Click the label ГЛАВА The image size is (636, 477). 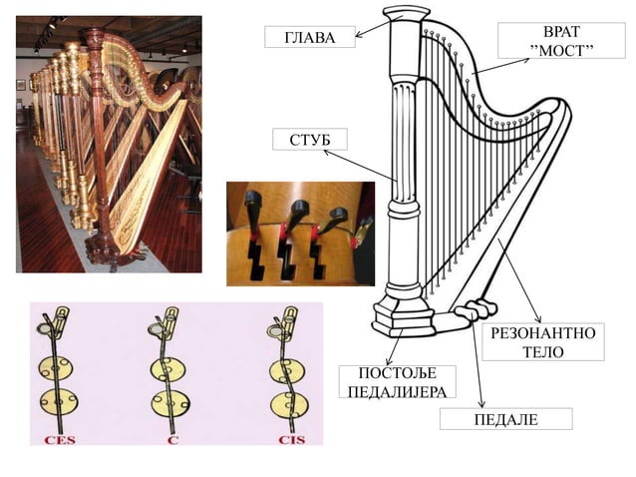310,37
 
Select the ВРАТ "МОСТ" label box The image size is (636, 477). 561,41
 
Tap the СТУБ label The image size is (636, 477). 310,140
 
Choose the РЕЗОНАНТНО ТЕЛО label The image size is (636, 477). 543,342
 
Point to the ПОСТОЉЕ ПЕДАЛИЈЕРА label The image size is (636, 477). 398,381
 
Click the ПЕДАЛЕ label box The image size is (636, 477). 506,419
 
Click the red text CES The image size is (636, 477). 60,440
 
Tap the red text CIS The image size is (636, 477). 292,440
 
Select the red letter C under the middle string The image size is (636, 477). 172,440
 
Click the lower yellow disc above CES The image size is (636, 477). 59,401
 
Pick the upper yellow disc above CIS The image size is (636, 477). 287,371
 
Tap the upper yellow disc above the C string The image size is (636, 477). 167,369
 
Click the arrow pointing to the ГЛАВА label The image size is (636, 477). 379,27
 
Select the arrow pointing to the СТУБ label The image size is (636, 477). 360,166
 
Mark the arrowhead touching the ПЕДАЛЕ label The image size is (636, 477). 481,403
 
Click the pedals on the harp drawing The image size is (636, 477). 476,308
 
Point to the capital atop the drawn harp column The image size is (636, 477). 406,14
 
